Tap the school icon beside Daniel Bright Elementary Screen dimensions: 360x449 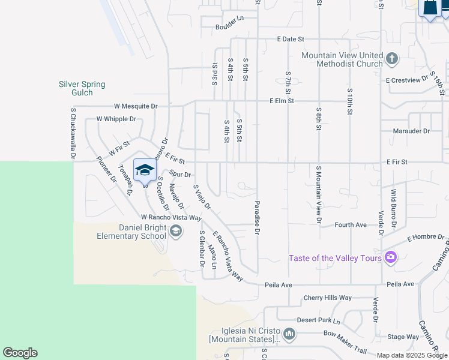176,231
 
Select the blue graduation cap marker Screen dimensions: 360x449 145,170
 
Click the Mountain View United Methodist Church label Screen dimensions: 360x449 342,59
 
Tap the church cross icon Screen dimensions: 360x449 392,59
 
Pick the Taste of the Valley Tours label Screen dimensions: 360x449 335,258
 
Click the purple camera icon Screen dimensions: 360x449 391,257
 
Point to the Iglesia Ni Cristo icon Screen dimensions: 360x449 289,334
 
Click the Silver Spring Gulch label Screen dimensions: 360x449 82,88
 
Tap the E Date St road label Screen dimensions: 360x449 291,39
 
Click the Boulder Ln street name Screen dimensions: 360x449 231,27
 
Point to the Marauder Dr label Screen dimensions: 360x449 411,131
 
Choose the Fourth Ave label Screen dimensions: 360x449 351,225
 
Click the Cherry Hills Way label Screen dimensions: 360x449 327,298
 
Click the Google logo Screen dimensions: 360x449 20,353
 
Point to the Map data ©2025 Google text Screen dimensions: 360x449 412,355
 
